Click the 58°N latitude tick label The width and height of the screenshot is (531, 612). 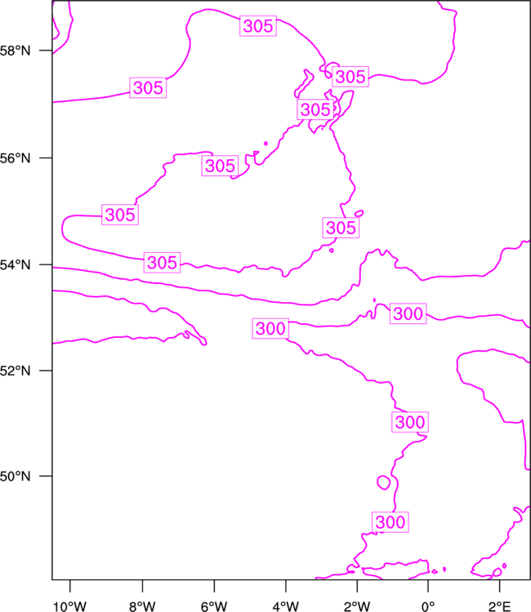coord(15,51)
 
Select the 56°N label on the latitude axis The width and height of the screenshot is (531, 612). coord(15,158)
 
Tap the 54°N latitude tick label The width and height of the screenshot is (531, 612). coord(15,265)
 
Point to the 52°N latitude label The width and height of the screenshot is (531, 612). coord(15,370)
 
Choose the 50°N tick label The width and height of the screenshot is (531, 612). coord(15,477)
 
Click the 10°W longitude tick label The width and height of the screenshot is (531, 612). coord(70,606)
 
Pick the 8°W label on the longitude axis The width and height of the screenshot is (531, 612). coord(142,606)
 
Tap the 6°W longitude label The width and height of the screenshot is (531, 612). coord(214,606)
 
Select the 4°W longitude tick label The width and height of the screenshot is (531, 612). coord(286,606)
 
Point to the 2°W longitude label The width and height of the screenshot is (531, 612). coord(357,606)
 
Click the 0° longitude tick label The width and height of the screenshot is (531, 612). coord(428,606)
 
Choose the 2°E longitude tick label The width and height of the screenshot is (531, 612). coord(499,606)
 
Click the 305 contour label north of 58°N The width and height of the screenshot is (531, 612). coord(258,26)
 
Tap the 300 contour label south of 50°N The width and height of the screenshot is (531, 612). coord(390,522)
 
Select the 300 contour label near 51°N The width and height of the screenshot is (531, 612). coord(410,422)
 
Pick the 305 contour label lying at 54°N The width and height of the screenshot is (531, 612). coord(162,262)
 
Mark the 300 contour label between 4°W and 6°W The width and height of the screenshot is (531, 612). coord(270,328)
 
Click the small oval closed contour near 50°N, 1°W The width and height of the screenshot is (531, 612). coord(384,483)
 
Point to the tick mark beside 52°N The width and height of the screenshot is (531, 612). coord(45,370)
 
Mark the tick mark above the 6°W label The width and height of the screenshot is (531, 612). coord(214,586)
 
